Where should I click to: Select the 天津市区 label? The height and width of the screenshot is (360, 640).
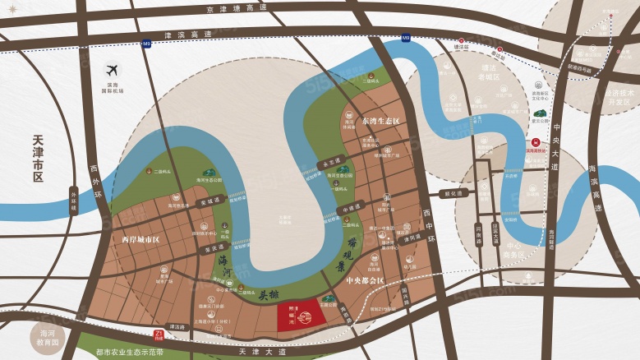coord(39,159)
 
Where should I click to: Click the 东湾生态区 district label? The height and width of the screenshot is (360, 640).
coord(380,121)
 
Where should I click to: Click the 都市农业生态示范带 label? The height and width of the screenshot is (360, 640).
coord(130,352)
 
